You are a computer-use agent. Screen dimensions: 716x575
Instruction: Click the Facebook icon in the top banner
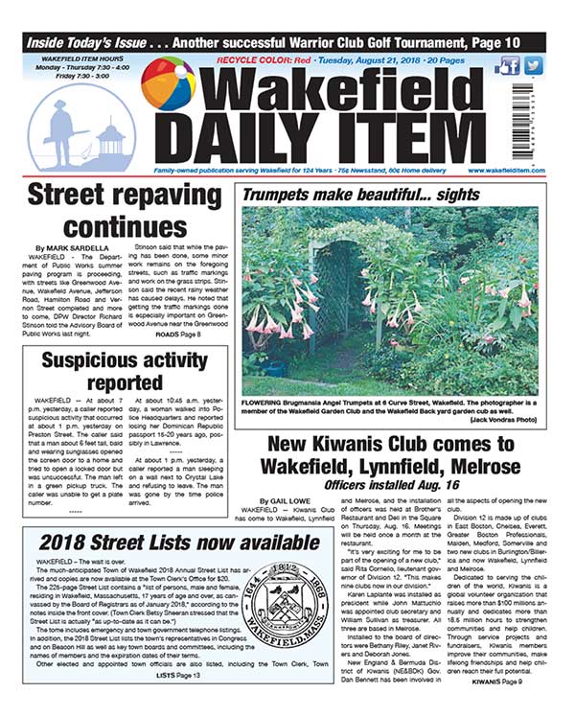511,64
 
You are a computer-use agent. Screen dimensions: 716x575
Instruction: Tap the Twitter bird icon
534,64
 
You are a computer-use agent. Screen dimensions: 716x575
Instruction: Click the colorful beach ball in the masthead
169,85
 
